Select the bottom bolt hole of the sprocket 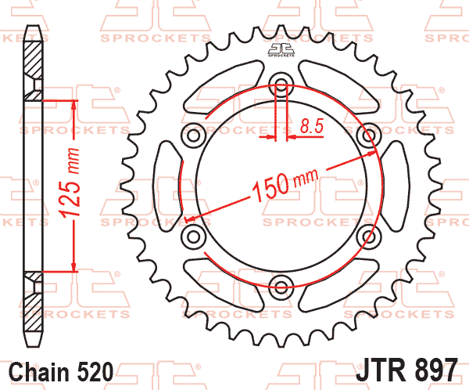[281, 284]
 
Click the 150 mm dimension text [279, 186]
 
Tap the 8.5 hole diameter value [313, 124]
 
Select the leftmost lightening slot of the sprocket [166, 186]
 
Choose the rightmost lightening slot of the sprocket [396, 186]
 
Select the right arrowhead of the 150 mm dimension [374, 152]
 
